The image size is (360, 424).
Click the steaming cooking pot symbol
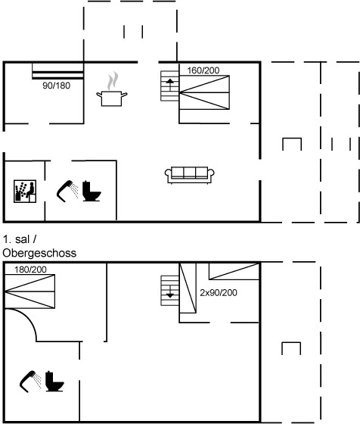click(112, 92)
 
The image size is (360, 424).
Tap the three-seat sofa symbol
click(190, 175)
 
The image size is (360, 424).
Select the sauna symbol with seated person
click(25, 191)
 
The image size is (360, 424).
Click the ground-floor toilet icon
click(92, 191)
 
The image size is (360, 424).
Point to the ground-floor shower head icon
click(67, 191)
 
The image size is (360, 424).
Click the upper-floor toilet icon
click(54, 382)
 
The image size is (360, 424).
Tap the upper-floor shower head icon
click(30, 382)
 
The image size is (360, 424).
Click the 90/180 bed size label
click(57, 86)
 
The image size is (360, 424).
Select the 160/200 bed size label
click(203, 70)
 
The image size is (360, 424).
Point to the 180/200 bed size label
click(30, 270)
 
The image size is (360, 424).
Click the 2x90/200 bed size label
click(219, 292)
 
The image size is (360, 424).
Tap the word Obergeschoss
click(39, 253)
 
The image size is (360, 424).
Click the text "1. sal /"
click(20, 239)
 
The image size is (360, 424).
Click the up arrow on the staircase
click(170, 85)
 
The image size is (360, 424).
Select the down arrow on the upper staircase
click(170, 291)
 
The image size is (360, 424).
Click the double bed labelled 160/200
click(204, 92)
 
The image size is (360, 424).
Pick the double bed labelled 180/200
click(30, 291)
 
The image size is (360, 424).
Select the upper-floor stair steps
click(170, 291)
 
